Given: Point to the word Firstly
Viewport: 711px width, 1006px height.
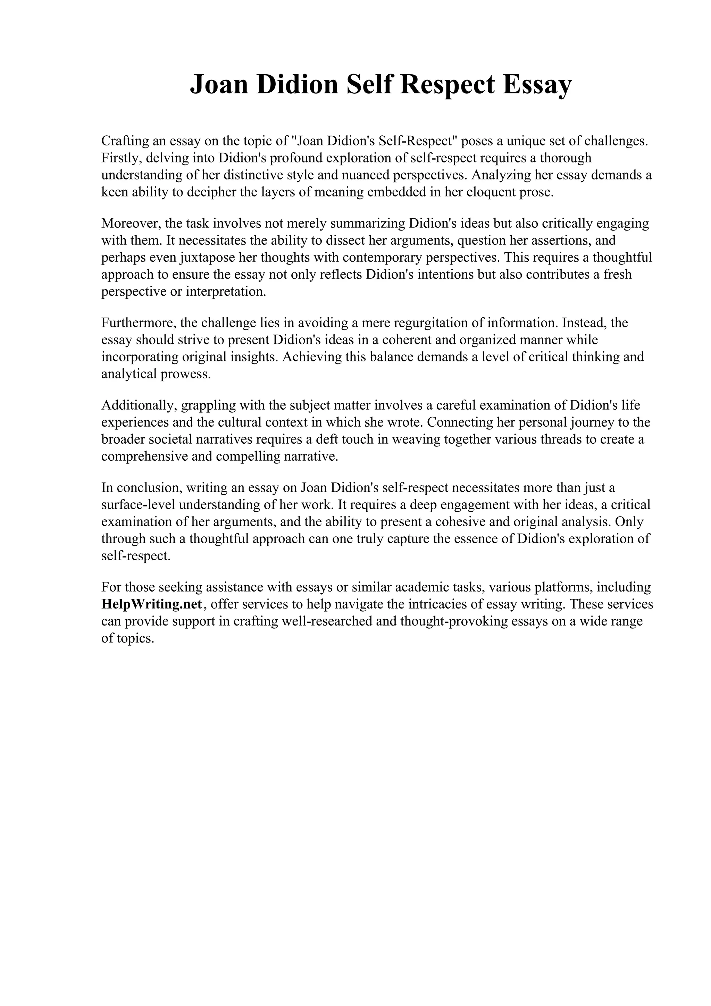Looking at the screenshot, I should click(x=118, y=158).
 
